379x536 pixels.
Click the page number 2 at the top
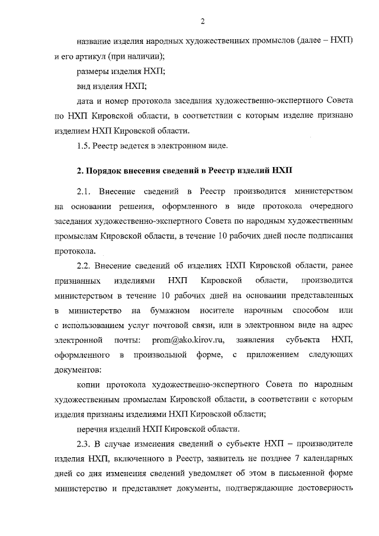coord(202,23)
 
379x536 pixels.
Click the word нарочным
coord(266,310)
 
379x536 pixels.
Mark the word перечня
coord(95,428)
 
